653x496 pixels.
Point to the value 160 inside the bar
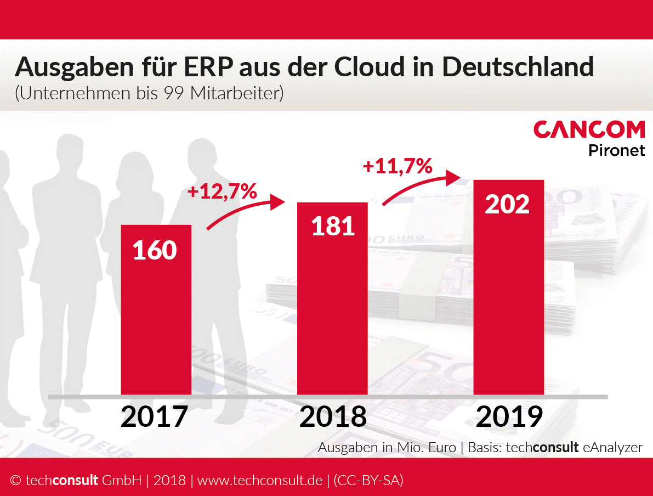pos(155,250)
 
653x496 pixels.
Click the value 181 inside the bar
pos(333,226)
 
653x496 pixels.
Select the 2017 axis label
pos(154,417)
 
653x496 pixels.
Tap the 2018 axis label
pos(333,417)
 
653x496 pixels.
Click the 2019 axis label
pos(509,417)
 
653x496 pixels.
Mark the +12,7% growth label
pos(222,191)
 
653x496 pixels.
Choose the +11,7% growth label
pos(398,165)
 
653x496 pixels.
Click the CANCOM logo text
pos(589,130)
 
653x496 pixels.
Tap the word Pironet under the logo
pos(617,150)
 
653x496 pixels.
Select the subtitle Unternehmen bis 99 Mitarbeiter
pos(149,93)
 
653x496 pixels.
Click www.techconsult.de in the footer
pos(260,481)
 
